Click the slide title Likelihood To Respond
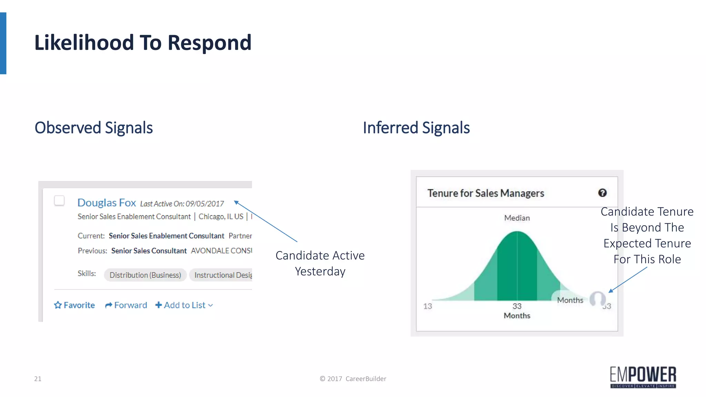pyautogui.click(x=143, y=43)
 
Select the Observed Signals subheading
pyautogui.click(x=93, y=128)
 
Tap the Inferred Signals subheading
pyautogui.click(x=416, y=128)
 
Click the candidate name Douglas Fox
pyautogui.click(x=107, y=203)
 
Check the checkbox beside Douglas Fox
pyautogui.click(x=59, y=201)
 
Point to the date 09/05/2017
pyautogui.click(x=205, y=204)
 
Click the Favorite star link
pyautogui.click(x=74, y=305)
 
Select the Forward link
pyautogui.click(x=126, y=305)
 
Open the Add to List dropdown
pyautogui.click(x=184, y=305)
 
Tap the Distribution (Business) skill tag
pyautogui.click(x=145, y=275)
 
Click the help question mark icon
pyautogui.click(x=602, y=193)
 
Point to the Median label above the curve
pyautogui.click(x=517, y=218)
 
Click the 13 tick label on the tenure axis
pyautogui.click(x=427, y=306)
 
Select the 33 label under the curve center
pyautogui.click(x=517, y=306)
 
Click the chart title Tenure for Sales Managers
pyautogui.click(x=486, y=193)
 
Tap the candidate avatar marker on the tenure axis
pyautogui.click(x=597, y=299)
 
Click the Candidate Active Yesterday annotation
pyautogui.click(x=320, y=263)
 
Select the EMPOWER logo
pyautogui.click(x=643, y=377)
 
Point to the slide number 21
pyautogui.click(x=38, y=379)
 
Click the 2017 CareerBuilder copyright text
pyautogui.click(x=353, y=379)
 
